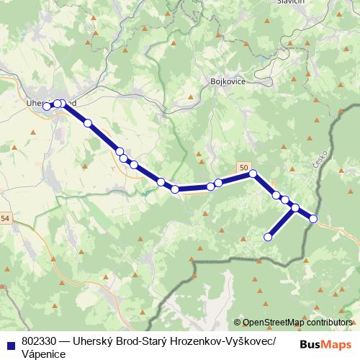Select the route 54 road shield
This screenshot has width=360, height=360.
click(x=5, y=218)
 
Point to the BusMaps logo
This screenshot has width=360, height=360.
click(x=325, y=343)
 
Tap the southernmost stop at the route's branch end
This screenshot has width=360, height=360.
click(x=268, y=237)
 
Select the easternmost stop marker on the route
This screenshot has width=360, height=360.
click(x=313, y=219)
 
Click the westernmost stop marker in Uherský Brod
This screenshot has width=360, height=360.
click(x=47, y=107)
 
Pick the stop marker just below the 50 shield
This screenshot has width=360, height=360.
click(x=253, y=174)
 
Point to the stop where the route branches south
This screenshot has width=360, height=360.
click(x=294, y=208)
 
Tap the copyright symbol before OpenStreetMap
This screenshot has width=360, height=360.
click(x=238, y=323)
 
